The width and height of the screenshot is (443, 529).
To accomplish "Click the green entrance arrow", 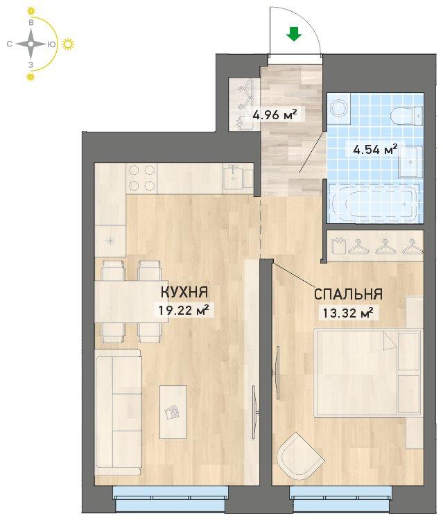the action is point(294,34).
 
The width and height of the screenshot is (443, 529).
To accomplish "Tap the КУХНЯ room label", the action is point(184,292).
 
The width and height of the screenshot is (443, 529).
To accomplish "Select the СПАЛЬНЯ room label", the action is point(348,294).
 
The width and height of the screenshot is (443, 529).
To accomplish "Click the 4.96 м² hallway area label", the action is point(275,114).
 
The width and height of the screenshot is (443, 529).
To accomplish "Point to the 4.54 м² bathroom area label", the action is point(374,148).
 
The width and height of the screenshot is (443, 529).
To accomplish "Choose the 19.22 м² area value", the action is point(184,310).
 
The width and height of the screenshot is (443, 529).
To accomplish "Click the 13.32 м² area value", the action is point(348,313).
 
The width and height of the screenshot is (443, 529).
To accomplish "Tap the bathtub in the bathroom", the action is point(374,203).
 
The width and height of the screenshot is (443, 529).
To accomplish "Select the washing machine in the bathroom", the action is point(338,109).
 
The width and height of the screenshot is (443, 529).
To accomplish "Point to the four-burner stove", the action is point(141,178).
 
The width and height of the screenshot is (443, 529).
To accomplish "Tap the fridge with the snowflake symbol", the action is point(110,241).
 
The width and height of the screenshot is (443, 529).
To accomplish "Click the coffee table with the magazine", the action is point(173,412).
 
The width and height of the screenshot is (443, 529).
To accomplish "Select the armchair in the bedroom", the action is point(298,455).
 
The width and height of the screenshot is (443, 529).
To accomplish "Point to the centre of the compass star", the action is point(31,44).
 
